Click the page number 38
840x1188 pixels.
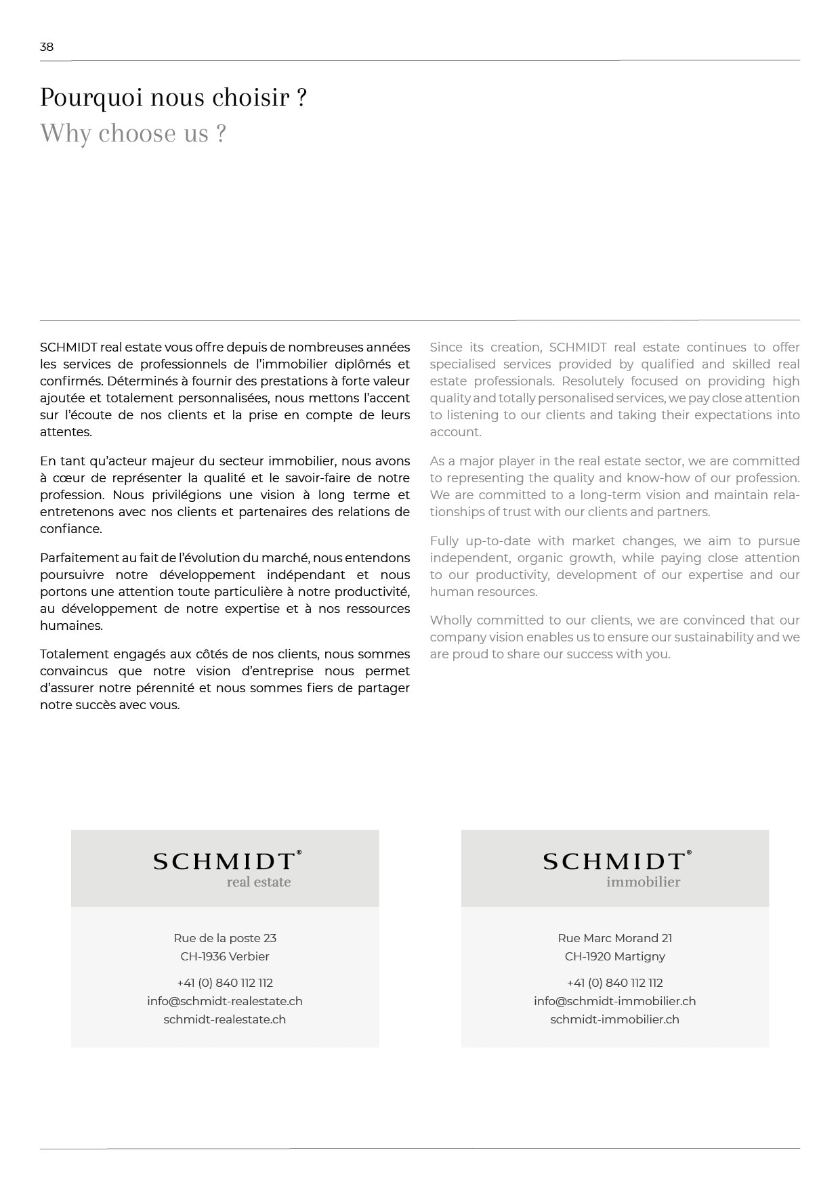(x=46, y=47)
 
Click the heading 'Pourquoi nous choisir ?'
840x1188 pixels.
(x=173, y=98)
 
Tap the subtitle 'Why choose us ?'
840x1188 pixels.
(x=133, y=133)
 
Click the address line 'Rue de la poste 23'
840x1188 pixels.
(x=225, y=938)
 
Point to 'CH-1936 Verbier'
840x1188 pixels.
(x=225, y=956)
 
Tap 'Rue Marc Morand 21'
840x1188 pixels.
(x=615, y=938)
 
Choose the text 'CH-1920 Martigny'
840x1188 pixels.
(x=615, y=956)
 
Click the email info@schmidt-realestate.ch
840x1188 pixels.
(x=225, y=1001)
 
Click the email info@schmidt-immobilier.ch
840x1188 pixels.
(x=615, y=1001)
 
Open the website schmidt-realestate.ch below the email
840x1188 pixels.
(x=225, y=1019)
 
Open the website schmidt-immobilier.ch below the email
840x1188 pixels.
(x=615, y=1019)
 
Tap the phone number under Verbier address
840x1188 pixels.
(x=225, y=983)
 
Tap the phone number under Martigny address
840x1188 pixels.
(x=615, y=983)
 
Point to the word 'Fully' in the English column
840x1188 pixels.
(x=444, y=541)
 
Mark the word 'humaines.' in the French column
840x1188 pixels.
(x=72, y=626)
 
